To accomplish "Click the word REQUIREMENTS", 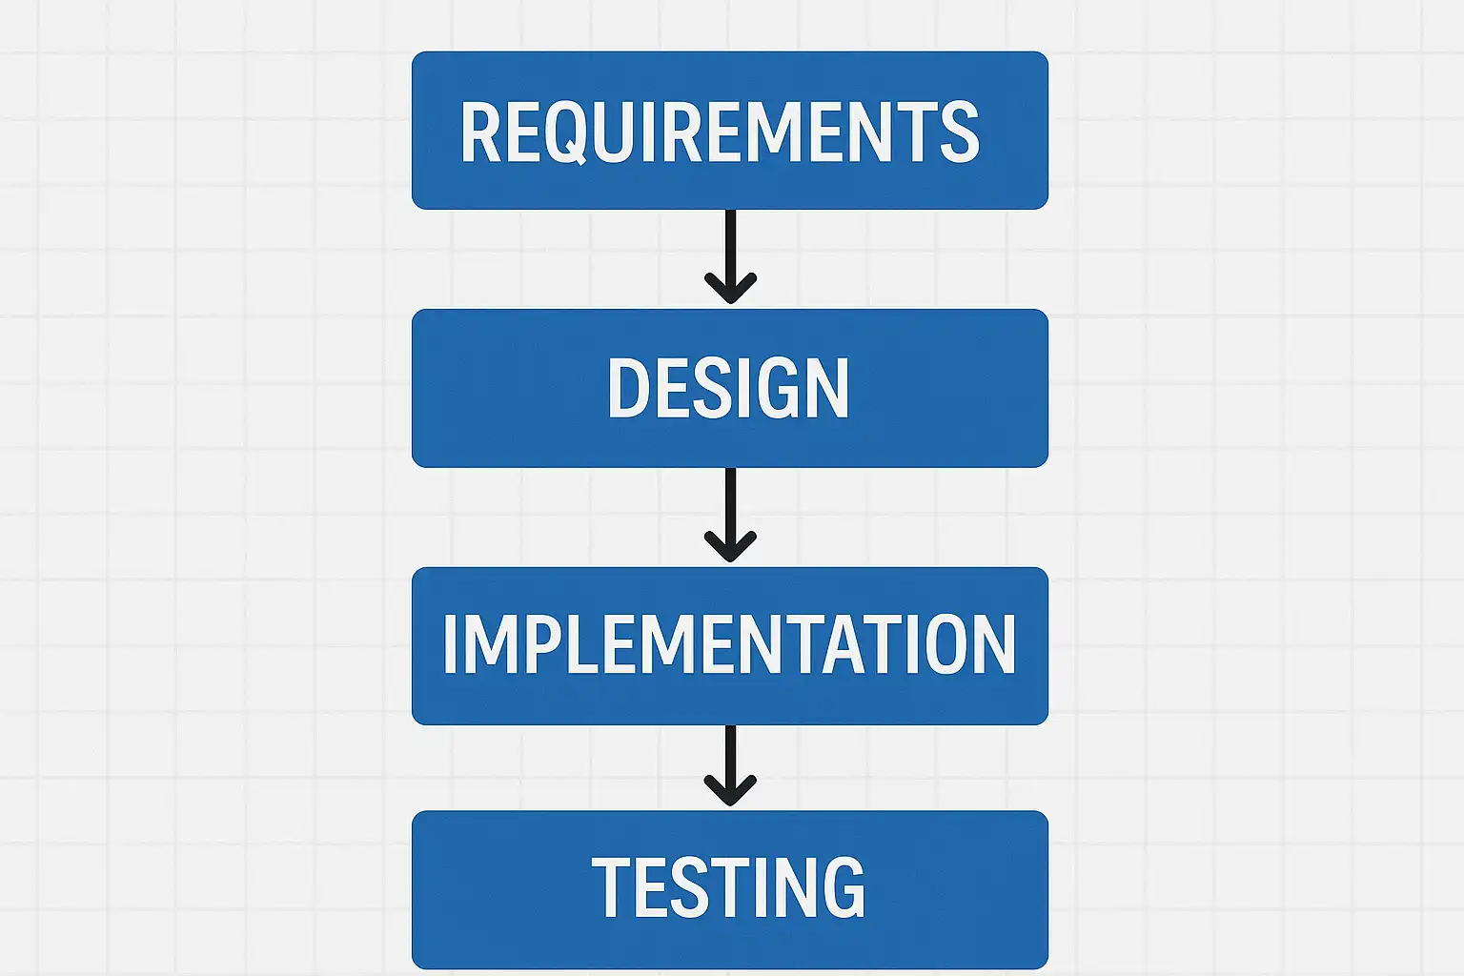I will tap(720, 132).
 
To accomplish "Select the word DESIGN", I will tap(728, 388).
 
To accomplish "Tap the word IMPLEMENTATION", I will tap(729, 645).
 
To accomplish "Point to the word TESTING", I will tap(729, 888).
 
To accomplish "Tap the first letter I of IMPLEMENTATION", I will tap(450, 645).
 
